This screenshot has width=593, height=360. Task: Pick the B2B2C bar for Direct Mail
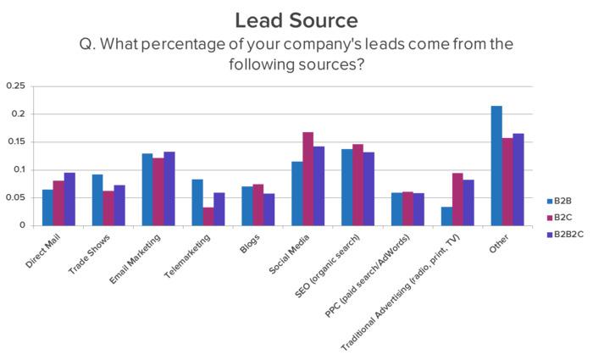pyautogui.click(x=69, y=199)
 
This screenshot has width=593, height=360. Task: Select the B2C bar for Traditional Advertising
pyautogui.click(x=457, y=199)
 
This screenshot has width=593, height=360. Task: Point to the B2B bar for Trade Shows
pyautogui.click(x=97, y=200)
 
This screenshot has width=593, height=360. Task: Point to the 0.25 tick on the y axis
pyautogui.click(x=15, y=86)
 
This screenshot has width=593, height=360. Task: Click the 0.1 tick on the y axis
pyautogui.click(x=19, y=169)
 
